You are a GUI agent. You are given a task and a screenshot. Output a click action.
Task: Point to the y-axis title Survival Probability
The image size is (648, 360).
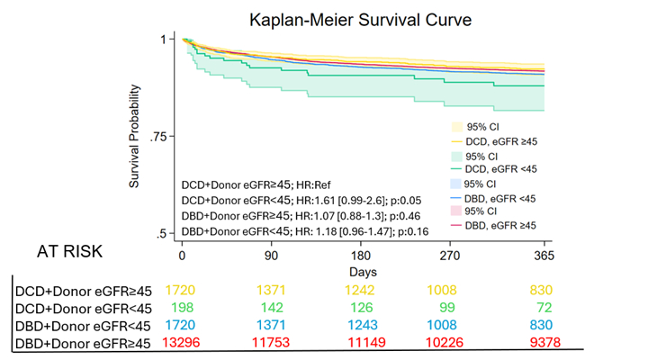pos(135,137)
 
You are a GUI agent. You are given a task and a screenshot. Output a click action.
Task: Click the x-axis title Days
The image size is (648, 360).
pos(364,270)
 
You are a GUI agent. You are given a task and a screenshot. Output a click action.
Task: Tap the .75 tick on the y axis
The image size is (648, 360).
pos(164,137)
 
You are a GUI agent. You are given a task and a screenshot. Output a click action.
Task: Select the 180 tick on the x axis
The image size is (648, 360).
pos(364,255)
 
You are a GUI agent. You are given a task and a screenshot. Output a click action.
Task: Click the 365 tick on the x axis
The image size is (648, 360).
pos(544,255)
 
